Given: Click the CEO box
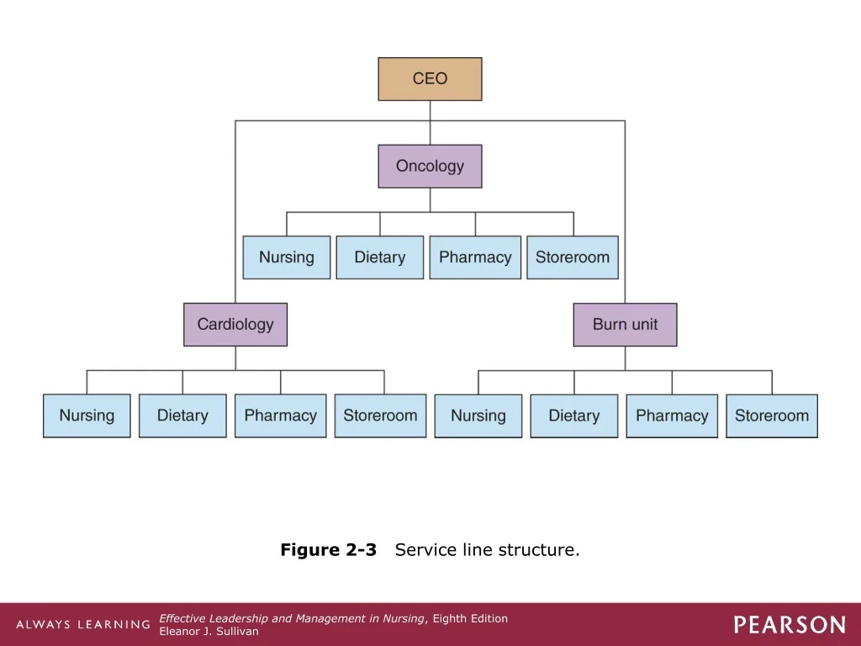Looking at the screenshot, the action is tap(430, 79).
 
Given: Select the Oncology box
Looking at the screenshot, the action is tap(430, 167).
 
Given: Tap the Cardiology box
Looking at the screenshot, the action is tap(235, 325).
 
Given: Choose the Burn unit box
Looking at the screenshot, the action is tap(625, 325).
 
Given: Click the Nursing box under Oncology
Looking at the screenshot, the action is tap(287, 257).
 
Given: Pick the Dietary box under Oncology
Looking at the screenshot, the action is tap(380, 257).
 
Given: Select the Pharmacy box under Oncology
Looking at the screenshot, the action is tap(476, 257).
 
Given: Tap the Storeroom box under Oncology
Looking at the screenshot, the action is tap(573, 257).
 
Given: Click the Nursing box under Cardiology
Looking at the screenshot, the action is tap(87, 416).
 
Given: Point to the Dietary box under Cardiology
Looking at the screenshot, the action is tap(182, 416).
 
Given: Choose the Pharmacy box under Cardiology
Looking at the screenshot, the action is tap(281, 416).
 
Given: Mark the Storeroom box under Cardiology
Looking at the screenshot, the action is tap(381, 416).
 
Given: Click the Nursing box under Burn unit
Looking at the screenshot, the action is tap(478, 416).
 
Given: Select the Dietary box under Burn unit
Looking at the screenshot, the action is tap(574, 416).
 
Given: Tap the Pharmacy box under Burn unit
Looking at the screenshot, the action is tap(672, 416).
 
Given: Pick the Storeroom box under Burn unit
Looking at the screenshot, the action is tap(772, 416).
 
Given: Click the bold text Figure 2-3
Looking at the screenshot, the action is tap(329, 550).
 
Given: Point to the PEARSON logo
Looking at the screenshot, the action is tap(790, 625).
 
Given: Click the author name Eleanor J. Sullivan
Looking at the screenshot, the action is tap(209, 632).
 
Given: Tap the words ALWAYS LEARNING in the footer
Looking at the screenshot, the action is tap(83, 625).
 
